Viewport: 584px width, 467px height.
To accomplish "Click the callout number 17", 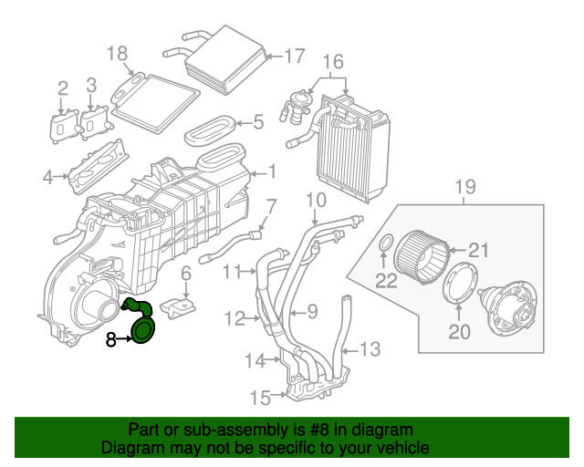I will [293, 57].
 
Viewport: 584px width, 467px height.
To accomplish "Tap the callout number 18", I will [118, 54].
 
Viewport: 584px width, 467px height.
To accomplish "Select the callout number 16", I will [333, 62].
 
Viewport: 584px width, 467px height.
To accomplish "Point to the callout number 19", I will [465, 189].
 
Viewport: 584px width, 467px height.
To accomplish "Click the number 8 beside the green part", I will [110, 339].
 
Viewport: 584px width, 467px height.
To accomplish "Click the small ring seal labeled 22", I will [386, 244].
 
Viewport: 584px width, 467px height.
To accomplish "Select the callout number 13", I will [369, 348].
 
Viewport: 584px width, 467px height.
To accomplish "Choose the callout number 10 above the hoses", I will [316, 200].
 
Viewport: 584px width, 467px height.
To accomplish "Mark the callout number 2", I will [63, 88].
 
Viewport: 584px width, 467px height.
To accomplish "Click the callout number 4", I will [47, 177].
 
